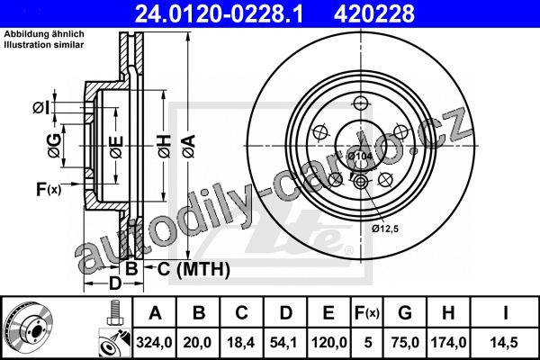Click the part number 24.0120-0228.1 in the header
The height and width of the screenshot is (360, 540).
219,13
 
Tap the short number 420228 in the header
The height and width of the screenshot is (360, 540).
374,13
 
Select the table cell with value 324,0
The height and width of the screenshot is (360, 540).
154,342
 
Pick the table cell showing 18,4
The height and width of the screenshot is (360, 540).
240,342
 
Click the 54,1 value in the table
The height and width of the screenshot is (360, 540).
284,342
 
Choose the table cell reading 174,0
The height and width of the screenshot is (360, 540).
448,342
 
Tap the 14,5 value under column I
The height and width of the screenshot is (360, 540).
505,342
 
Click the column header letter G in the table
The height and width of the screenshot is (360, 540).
405,313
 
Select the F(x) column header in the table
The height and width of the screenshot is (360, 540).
367,313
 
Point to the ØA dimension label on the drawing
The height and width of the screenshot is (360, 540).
189,147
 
